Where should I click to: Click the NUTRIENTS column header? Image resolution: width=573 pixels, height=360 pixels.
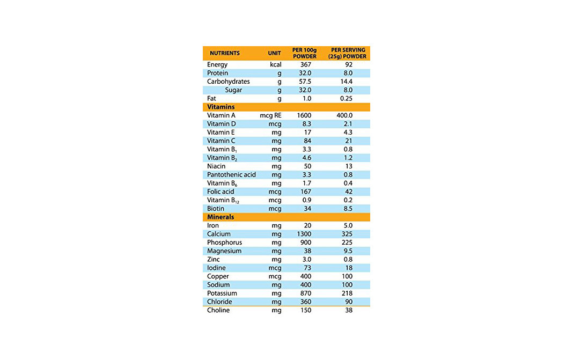[x=224, y=54]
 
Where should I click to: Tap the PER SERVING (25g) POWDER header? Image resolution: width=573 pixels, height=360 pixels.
[x=348, y=53]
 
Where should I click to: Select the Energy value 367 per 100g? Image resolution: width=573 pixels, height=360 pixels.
[x=305, y=65]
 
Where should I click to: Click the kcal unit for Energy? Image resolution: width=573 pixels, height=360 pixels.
[x=276, y=65]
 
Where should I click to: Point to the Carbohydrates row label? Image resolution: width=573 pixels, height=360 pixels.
[x=228, y=82]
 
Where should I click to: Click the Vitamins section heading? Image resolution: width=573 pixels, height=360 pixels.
[x=221, y=107]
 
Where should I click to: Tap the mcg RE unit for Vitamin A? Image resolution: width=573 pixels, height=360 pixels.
[x=270, y=115]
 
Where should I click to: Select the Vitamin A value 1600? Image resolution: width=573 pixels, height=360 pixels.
[x=304, y=115]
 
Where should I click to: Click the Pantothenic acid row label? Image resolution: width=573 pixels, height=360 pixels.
[x=231, y=174]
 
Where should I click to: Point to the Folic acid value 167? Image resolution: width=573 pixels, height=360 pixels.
[x=305, y=192]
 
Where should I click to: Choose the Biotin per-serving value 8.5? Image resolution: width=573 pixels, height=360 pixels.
[x=348, y=209]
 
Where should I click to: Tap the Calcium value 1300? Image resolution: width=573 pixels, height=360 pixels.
[x=304, y=234]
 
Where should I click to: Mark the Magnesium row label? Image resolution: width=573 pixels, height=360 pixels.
[x=224, y=251]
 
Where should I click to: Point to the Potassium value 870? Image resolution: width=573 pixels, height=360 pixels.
[x=305, y=293]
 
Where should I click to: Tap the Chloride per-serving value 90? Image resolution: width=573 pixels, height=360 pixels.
[x=348, y=302]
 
